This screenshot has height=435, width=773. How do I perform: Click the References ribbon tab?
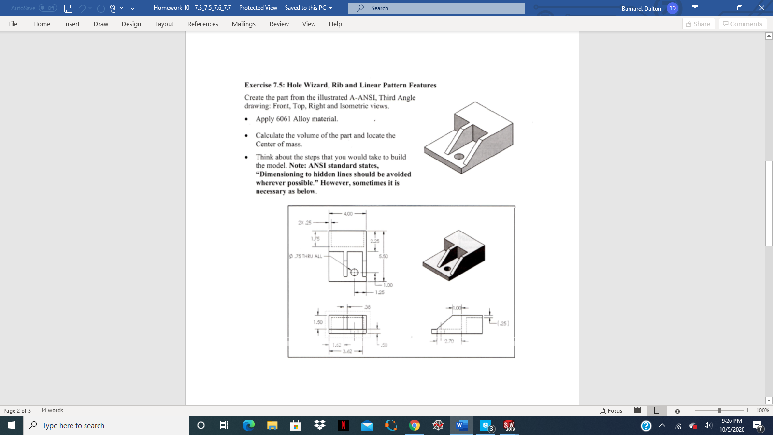coord(202,24)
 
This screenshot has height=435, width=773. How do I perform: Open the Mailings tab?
coord(243,24)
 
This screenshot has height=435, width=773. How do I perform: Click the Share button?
coord(698,24)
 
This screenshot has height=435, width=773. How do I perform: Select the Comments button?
coord(743,24)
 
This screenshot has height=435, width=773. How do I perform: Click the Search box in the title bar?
coord(436,8)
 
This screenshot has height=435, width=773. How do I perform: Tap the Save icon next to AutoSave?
coord(68,8)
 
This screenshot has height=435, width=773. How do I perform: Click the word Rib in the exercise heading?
coord(337,85)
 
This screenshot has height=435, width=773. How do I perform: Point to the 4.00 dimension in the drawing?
coord(348,213)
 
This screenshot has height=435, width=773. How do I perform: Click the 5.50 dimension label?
coord(383,256)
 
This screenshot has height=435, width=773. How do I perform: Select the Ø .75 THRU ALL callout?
coord(306,256)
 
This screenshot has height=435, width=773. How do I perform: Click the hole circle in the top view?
coord(354,272)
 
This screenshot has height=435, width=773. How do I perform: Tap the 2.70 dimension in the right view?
coord(449,341)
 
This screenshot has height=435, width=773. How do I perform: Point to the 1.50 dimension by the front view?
coord(317,322)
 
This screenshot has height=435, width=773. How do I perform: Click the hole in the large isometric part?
coord(459,156)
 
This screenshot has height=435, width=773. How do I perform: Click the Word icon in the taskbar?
coord(461,425)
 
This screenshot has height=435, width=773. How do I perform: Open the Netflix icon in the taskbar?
coord(343,425)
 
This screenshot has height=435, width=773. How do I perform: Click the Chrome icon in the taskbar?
coord(415,425)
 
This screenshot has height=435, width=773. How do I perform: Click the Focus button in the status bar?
coord(611,410)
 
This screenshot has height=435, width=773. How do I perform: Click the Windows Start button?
coord(12,425)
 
